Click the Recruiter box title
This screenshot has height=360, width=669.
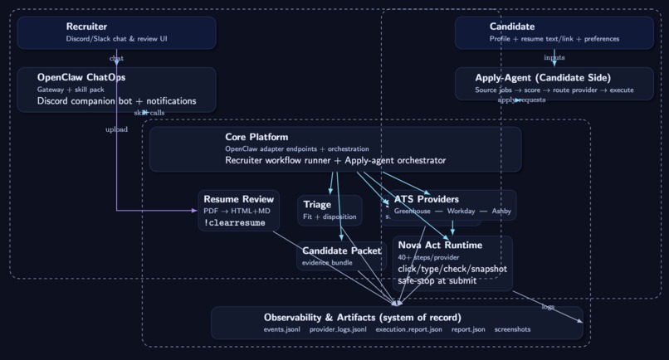[86, 27]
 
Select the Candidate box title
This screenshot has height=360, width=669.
[512, 27]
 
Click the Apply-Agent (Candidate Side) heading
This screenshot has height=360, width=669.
[543, 78]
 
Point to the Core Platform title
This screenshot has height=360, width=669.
[256, 137]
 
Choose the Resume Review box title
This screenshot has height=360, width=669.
[239, 200]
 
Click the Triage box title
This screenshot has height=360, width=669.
[317, 205]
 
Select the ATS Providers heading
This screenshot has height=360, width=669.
[427, 200]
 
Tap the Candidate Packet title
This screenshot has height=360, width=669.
[342, 251]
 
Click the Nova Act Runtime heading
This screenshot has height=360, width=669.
[440, 246]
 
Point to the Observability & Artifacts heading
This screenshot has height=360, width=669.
[363, 318]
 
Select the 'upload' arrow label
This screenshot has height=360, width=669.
[116, 129]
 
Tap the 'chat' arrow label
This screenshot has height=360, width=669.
[116, 59]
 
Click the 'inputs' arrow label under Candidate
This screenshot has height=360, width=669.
[554, 58]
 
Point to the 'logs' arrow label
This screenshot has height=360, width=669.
[548, 307]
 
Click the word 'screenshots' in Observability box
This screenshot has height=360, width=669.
[512, 329]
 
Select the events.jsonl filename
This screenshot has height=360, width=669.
[282, 329]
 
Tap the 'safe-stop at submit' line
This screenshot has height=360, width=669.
[437, 280]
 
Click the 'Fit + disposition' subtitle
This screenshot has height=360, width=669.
[330, 217]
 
